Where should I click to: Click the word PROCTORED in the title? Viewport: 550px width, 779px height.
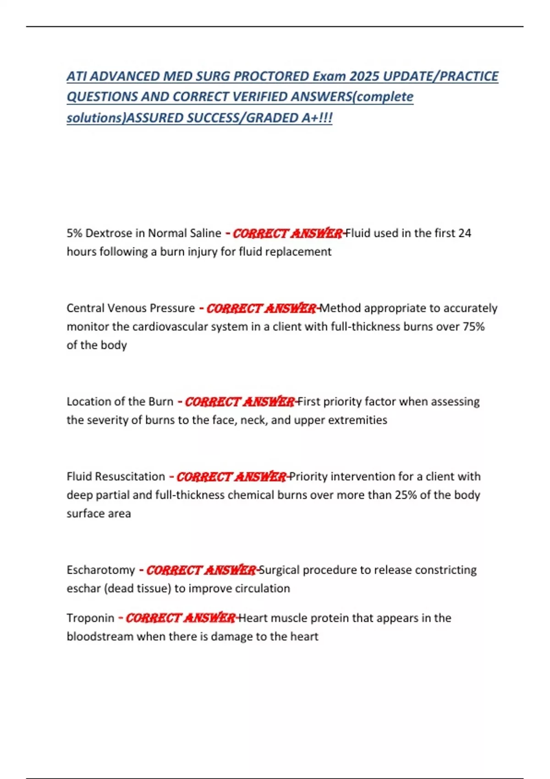(271, 76)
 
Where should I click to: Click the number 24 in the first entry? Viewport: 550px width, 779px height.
(464, 233)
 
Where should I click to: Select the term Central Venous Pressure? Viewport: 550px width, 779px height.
(131, 308)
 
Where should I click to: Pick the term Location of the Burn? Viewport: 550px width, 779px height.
(120, 401)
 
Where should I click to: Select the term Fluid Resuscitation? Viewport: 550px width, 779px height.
(115, 477)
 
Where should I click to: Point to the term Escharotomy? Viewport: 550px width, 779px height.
(101, 570)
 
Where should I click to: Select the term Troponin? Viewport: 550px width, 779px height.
(90, 618)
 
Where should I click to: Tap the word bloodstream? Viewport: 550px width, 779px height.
(100, 636)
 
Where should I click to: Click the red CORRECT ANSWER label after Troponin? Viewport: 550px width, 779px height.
(180, 618)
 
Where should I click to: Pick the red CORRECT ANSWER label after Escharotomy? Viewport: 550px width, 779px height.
(201, 570)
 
